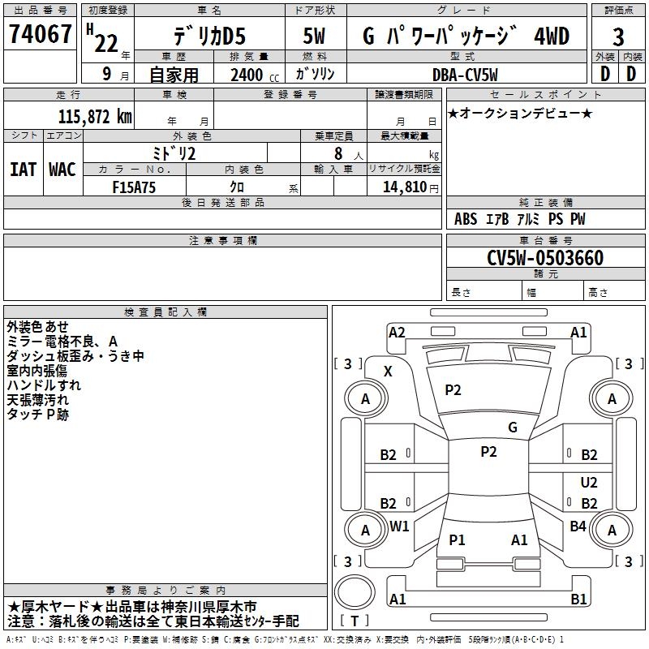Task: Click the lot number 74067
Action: (40, 34)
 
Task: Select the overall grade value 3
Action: (618, 37)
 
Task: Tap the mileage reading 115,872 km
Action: (95, 117)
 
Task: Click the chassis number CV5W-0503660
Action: (545, 258)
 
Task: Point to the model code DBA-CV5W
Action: (465, 75)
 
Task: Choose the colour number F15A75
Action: (134, 187)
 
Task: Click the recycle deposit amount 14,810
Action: (405, 187)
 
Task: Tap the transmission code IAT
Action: (23, 170)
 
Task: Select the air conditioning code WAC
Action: (62, 170)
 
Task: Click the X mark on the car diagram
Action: (388, 372)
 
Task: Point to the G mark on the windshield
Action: (513, 428)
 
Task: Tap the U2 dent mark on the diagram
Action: (589, 482)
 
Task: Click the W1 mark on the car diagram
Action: (399, 527)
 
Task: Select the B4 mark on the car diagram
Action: (578, 527)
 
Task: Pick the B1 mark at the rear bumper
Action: (578, 599)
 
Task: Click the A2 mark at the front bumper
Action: (397, 333)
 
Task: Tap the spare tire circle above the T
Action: (355, 592)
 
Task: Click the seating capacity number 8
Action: (338, 153)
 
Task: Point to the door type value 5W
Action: (314, 36)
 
